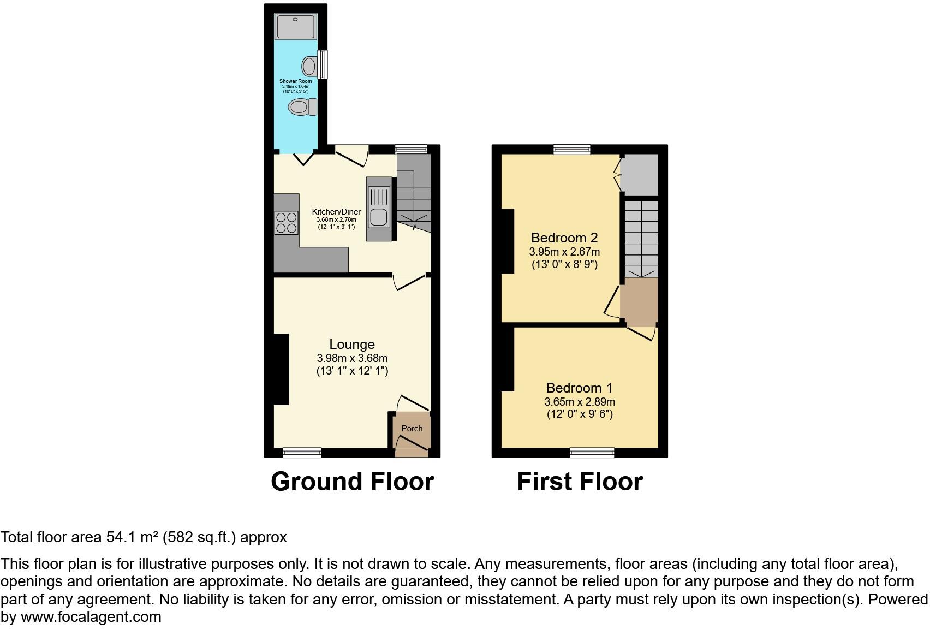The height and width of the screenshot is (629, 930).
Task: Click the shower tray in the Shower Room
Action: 296,27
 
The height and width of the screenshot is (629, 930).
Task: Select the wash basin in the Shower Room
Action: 309,67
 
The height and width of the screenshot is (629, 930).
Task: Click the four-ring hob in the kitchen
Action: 287,223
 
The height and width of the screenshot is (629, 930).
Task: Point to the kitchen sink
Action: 379,207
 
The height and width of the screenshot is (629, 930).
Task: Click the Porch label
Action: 412,429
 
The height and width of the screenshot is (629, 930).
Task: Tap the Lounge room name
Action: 352,345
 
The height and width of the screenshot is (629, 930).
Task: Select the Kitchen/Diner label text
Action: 336,212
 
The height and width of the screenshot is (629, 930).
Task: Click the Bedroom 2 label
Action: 564,238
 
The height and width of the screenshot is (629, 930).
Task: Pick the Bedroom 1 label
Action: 579,388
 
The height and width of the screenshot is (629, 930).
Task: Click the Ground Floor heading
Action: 352,482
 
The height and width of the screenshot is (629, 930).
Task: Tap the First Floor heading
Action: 580,482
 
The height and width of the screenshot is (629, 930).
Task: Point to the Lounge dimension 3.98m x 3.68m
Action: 352,359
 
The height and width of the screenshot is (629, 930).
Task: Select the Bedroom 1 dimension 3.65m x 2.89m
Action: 579,402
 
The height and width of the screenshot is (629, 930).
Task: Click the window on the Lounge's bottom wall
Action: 302,452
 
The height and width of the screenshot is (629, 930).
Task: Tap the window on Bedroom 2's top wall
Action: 571,149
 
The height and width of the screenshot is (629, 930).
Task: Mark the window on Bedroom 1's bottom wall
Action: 592,452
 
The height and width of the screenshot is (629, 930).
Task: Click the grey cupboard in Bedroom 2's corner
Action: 640,175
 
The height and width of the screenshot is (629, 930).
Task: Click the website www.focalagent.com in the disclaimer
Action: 91,618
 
